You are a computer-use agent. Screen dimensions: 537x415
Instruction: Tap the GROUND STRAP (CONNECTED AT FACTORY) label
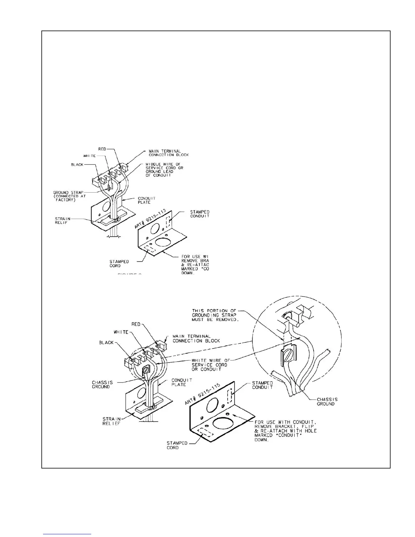[x=68, y=196]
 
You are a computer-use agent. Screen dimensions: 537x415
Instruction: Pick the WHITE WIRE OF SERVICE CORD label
[x=209, y=365]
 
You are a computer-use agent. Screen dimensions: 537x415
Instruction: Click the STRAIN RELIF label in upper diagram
[x=63, y=220]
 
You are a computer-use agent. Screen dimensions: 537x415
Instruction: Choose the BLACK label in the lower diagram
[x=106, y=342]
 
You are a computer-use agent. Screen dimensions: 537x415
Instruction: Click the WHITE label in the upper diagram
[x=90, y=156]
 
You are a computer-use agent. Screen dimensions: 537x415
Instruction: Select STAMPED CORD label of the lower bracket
[x=177, y=445]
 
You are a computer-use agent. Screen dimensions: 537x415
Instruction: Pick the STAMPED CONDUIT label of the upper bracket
[x=200, y=214]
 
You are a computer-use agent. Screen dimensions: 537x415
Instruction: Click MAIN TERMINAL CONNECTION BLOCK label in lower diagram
[x=196, y=338]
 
